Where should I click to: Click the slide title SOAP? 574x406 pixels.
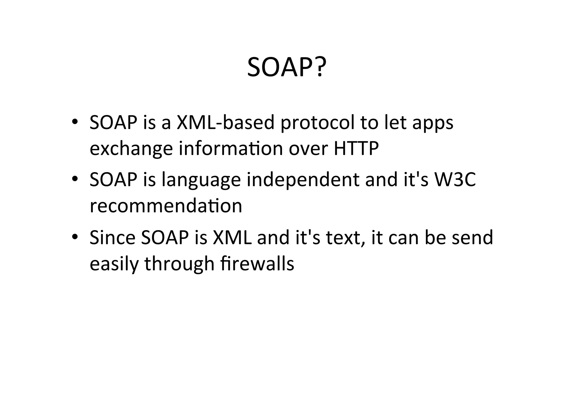286,67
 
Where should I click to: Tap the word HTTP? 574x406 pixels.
356,149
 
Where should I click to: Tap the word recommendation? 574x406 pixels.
166,206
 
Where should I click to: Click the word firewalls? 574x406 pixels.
257,263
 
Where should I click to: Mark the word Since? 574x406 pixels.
112,237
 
